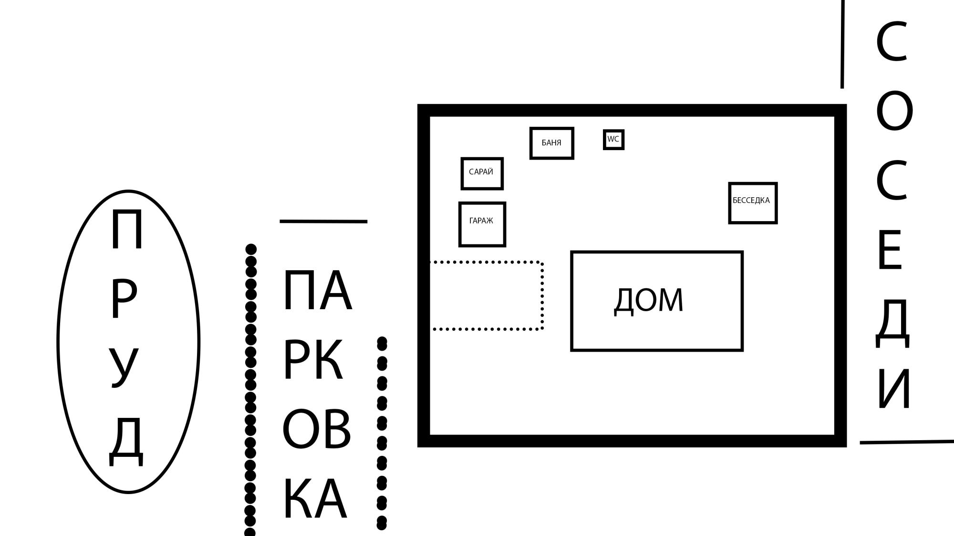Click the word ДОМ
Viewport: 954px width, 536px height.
pyautogui.click(x=648, y=301)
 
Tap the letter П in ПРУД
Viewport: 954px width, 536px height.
pyautogui.click(x=126, y=230)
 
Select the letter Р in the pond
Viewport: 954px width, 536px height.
pyautogui.click(x=123, y=299)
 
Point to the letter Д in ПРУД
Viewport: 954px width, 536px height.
pyautogui.click(x=126, y=441)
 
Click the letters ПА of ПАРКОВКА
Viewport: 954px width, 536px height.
pyautogui.click(x=317, y=290)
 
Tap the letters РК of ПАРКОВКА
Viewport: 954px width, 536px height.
pyautogui.click(x=313, y=360)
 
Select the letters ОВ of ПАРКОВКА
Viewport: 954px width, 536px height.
pyautogui.click(x=316, y=429)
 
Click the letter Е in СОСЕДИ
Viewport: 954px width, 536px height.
pyautogui.click(x=890, y=250)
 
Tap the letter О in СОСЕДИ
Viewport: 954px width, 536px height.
pyautogui.click(x=894, y=111)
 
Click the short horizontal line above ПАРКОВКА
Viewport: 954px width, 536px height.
pyautogui.click(x=323, y=221)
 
